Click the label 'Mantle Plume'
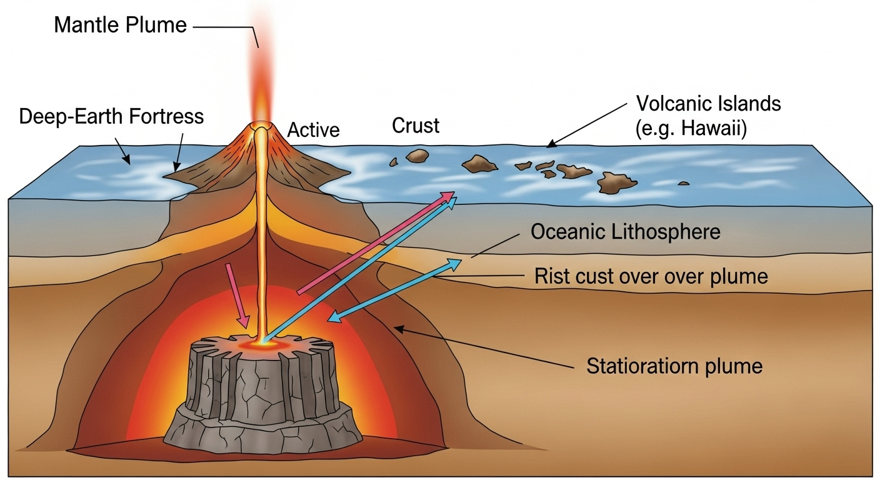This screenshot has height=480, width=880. pos(120,25)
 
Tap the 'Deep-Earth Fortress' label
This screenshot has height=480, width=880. pos(111,117)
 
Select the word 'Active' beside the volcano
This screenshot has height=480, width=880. pos(313,130)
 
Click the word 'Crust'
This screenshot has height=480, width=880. pos(416,126)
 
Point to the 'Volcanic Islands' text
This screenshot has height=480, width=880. pos(708,103)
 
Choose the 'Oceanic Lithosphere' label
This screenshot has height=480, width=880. pos(625,232)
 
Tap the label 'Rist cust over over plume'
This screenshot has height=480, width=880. pos(651,276)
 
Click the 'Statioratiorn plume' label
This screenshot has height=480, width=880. pos(674,365)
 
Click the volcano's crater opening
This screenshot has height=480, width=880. pos(261,126)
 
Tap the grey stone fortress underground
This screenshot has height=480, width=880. pos(263,394)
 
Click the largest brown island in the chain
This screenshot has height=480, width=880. pos(616,182)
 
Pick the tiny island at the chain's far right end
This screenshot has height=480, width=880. pos(683,183)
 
